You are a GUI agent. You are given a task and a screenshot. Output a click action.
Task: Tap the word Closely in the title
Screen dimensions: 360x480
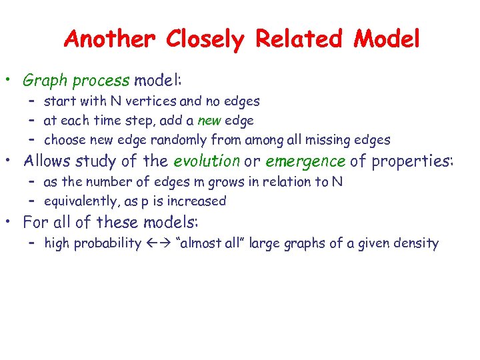[206, 40]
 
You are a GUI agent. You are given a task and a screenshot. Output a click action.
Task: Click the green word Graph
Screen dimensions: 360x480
[45, 81]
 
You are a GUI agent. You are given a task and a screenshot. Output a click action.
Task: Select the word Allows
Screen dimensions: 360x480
[47, 161]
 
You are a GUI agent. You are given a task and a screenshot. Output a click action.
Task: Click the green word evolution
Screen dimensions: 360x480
[206, 161]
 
